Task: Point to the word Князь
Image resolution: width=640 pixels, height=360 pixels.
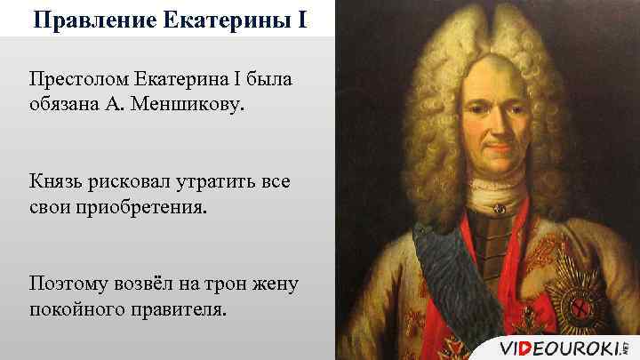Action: click(x=56, y=181)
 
